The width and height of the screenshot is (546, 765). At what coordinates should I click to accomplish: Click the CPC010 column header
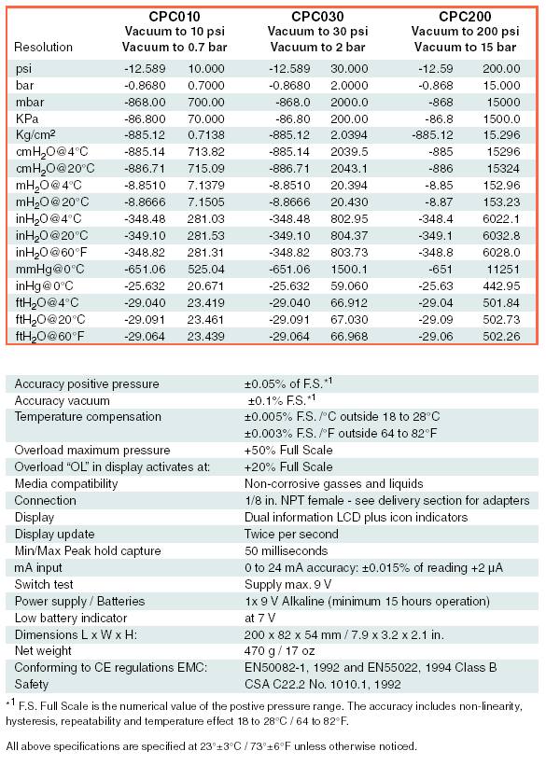click(x=175, y=17)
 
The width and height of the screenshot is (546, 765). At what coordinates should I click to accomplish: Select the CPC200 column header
click(x=465, y=17)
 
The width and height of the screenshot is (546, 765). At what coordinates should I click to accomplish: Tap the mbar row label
click(x=29, y=102)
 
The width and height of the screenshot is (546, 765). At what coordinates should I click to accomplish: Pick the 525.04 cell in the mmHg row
click(x=206, y=270)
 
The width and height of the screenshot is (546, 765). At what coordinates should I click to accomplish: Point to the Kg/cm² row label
click(x=35, y=135)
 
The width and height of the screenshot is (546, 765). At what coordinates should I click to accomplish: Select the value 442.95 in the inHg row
click(x=501, y=285)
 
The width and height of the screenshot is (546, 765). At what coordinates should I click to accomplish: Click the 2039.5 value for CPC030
click(x=349, y=152)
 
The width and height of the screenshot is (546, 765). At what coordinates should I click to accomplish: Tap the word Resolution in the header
click(x=44, y=48)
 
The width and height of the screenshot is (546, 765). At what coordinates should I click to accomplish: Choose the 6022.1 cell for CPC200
click(x=501, y=219)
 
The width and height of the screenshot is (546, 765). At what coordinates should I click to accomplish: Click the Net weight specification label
click(x=43, y=651)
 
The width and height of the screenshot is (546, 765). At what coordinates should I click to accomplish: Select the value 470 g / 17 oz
click(x=280, y=651)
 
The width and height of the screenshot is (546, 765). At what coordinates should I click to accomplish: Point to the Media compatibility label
click(x=66, y=484)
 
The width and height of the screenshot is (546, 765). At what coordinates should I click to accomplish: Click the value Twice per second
click(x=291, y=535)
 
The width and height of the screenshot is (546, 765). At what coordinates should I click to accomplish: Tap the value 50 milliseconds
click(x=286, y=551)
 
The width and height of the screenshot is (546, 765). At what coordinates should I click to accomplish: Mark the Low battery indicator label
click(x=71, y=619)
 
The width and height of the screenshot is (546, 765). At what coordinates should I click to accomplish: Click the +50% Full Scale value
click(x=288, y=451)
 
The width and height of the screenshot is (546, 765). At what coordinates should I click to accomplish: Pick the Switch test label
click(x=44, y=585)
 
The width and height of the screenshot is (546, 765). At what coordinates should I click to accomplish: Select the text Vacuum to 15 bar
click(x=465, y=48)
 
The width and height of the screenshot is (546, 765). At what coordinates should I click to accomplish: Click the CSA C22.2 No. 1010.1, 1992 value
click(x=323, y=685)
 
